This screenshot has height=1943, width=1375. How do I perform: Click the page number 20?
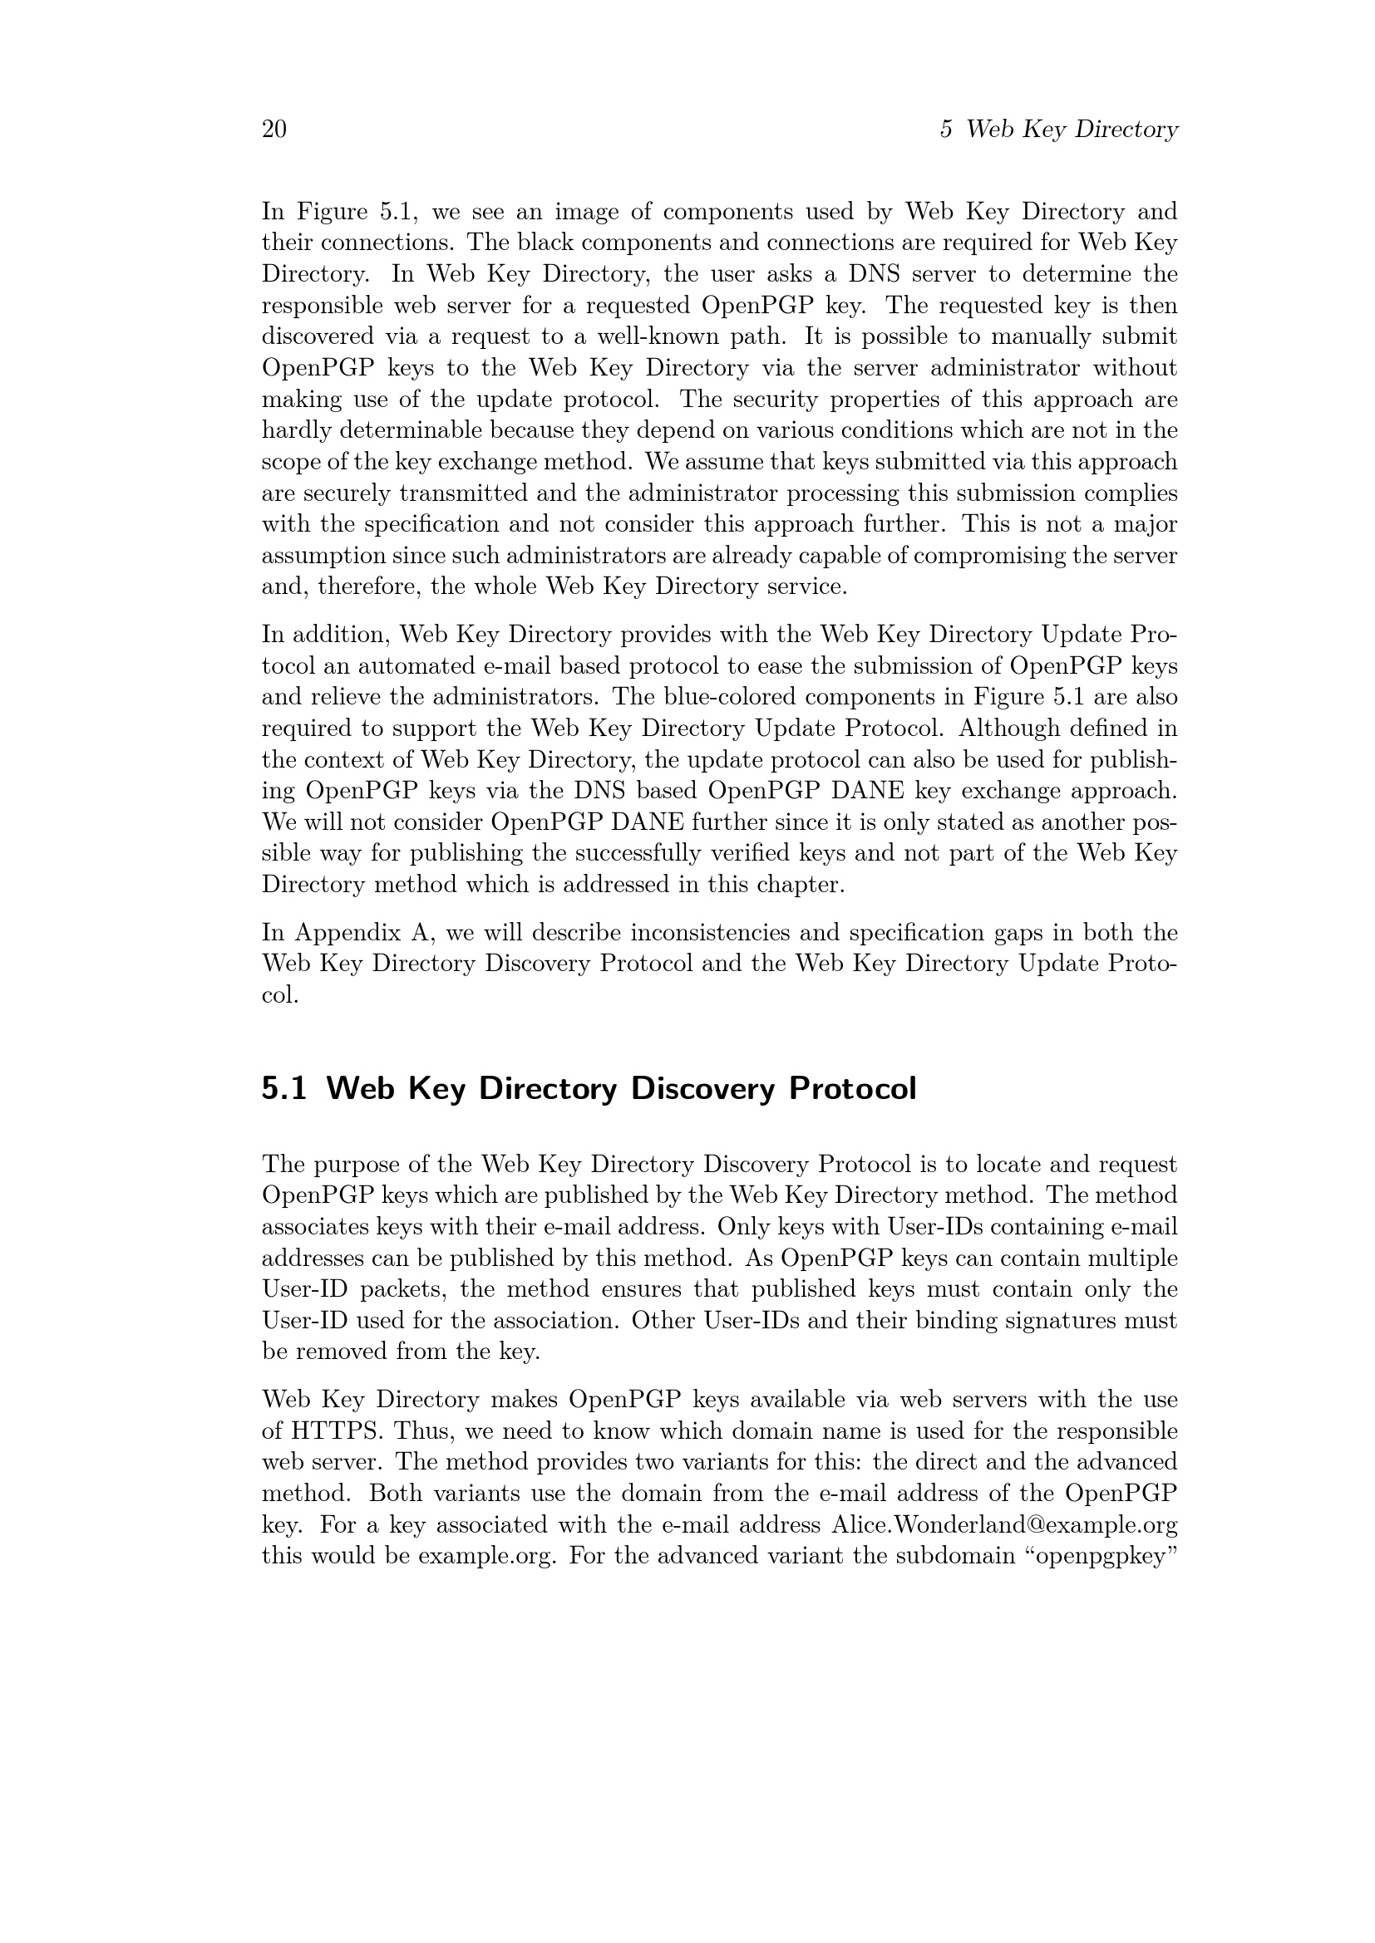coord(274,130)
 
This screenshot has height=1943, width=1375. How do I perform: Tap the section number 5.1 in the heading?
coord(283,1088)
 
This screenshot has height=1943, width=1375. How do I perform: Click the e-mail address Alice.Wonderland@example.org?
coord(1004,1525)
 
